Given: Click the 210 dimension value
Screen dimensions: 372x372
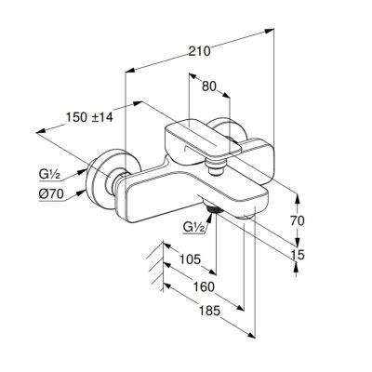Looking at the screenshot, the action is [x=200, y=51].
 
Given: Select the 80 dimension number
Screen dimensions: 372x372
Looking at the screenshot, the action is [x=208, y=86].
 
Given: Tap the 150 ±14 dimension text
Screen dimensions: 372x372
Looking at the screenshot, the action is [x=89, y=117].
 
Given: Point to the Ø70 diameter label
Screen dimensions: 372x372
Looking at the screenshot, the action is [x=51, y=194].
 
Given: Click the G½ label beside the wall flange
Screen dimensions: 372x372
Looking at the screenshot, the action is [x=49, y=175].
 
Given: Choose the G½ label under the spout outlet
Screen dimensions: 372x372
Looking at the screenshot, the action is [x=194, y=227].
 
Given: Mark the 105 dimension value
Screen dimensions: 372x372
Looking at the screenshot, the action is [x=191, y=259].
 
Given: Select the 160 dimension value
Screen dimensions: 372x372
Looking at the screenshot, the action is [x=204, y=286].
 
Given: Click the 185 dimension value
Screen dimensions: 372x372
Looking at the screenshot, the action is [x=208, y=311].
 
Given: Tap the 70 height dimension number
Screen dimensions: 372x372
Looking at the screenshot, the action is [x=298, y=220].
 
